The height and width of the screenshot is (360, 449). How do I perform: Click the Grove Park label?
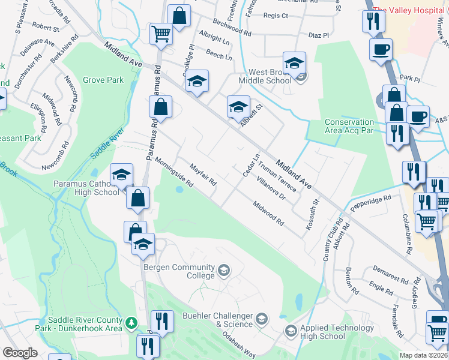[103, 80]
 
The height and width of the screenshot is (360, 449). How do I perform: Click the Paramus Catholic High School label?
[86, 188]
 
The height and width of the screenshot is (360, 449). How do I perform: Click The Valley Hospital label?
[411, 10]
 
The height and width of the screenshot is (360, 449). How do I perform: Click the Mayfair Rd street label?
[203, 175]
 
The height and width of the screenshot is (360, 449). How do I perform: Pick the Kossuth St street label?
[314, 193]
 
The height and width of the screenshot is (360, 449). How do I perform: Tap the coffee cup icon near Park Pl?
[381, 49]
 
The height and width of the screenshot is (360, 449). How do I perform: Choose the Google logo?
[20, 353]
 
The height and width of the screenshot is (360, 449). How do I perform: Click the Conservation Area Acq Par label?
[354, 126]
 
